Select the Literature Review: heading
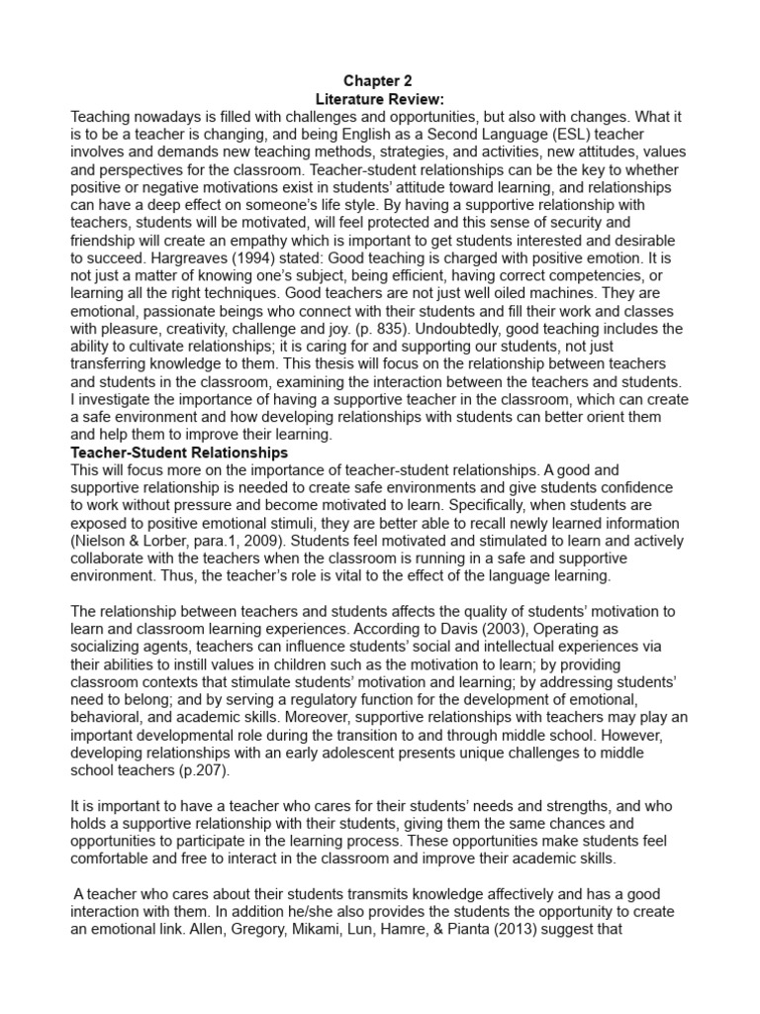380,99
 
